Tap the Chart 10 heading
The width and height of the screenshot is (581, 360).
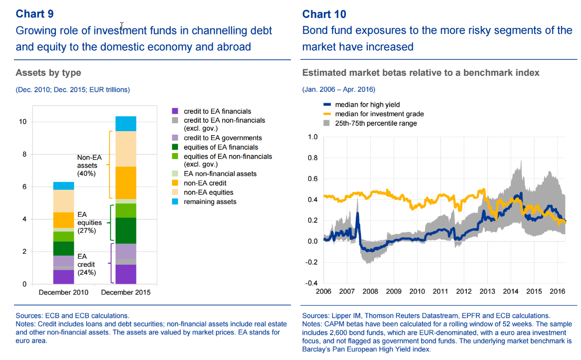[x=324, y=14]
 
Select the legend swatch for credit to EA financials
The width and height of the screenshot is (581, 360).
[x=174, y=111]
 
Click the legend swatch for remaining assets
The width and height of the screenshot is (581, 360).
[x=174, y=201]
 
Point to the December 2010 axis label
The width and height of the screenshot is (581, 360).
[x=63, y=292]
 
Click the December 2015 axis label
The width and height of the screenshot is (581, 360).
[x=126, y=292]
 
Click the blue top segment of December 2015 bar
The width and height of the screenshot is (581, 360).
[x=126, y=123]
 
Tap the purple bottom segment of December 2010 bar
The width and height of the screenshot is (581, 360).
[x=63, y=277]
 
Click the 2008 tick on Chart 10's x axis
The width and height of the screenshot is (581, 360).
[x=370, y=291]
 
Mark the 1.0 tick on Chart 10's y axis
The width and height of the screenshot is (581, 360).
[x=312, y=137]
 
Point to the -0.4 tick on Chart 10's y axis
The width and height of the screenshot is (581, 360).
[x=311, y=283]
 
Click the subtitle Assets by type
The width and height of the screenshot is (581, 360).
[x=48, y=73]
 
